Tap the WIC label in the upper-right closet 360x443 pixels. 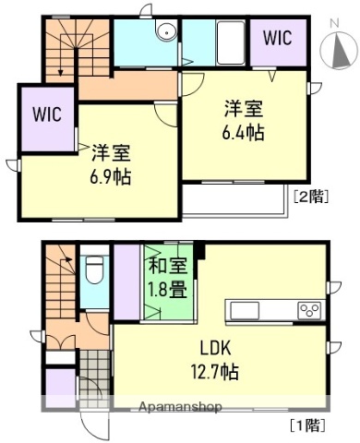(280, 38)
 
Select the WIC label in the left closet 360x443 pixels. (46, 115)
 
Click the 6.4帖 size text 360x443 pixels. (244, 132)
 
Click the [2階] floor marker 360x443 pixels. (310, 195)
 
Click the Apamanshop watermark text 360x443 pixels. (180, 407)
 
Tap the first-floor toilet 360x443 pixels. (94, 270)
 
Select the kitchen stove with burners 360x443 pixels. (309, 309)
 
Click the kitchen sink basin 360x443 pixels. (246, 309)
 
